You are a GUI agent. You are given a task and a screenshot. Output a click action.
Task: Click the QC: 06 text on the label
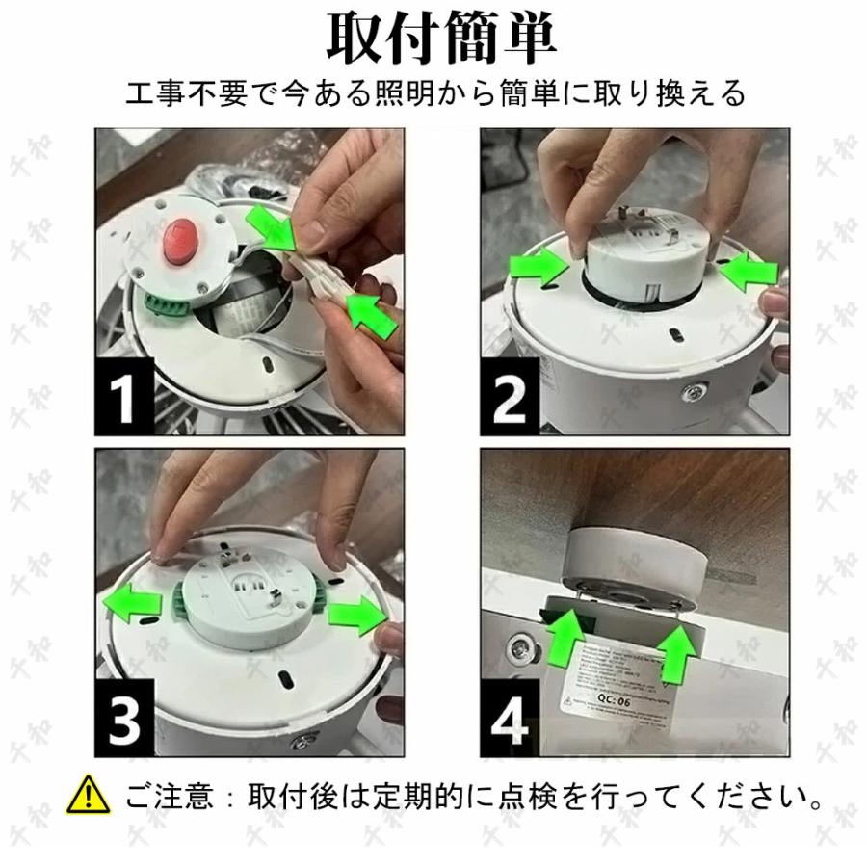click(x=616, y=701)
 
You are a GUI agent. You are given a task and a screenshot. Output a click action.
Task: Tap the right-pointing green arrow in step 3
click(x=355, y=614)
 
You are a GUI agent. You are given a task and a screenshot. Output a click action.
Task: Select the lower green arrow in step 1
click(x=371, y=314)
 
